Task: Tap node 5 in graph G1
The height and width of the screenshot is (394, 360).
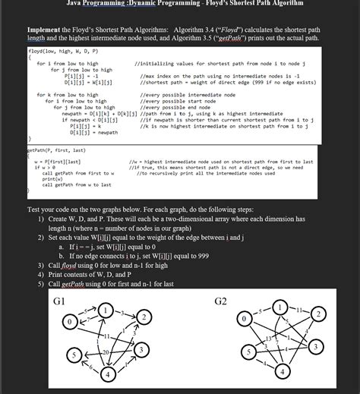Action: tap(74, 355)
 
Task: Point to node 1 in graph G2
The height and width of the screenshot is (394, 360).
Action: tap(282, 307)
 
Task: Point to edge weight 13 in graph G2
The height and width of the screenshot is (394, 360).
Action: tap(271, 337)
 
